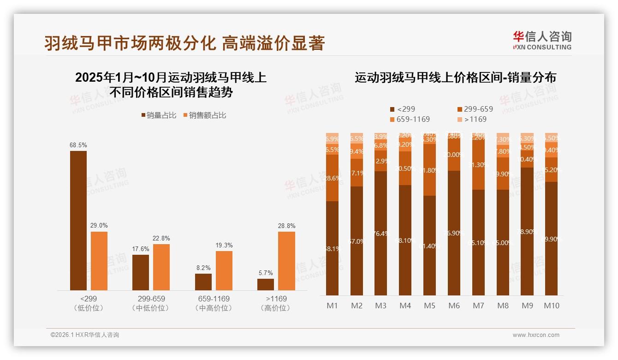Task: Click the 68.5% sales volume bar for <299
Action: [x=78, y=220]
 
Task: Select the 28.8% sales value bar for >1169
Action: [x=286, y=261]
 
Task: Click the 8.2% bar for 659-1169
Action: [x=203, y=282]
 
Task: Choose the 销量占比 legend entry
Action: [x=158, y=115]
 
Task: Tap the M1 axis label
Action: [x=332, y=306]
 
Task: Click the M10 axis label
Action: [x=551, y=306]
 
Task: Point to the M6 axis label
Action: [x=454, y=306]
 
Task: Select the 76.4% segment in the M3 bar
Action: [x=380, y=233]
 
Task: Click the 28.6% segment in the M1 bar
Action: [x=332, y=178]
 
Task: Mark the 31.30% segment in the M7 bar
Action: [x=478, y=165]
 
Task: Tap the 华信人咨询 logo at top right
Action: [x=542, y=40]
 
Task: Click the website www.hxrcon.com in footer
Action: [x=536, y=335]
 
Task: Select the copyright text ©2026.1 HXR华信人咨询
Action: [x=85, y=335]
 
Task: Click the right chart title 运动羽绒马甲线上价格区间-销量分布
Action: [x=455, y=78]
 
